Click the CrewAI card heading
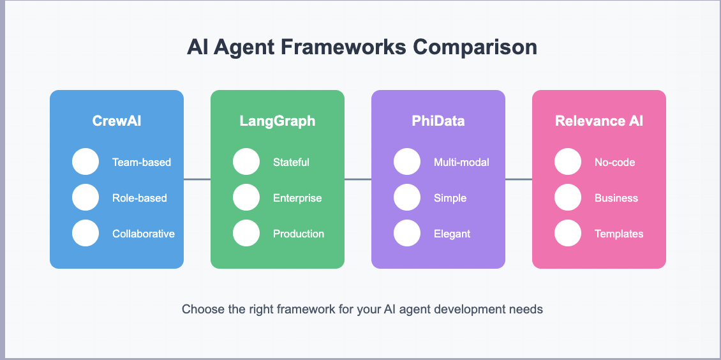click(117, 121)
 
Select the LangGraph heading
click(278, 121)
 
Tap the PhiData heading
click(438, 121)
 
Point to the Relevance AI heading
click(599, 121)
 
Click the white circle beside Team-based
click(85, 162)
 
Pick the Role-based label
click(139, 198)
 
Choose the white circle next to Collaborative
click(85, 234)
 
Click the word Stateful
click(291, 162)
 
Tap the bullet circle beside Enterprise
click(246, 198)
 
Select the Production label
click(299, 234)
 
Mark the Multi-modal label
click(461, 162)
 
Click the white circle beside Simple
click(407, 198)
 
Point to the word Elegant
click(452, 234)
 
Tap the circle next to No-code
click(568, 162)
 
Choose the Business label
click(616, 198)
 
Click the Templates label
click(619, 234)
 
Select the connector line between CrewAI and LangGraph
click(197, 179)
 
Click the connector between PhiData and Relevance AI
click(519, 179)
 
